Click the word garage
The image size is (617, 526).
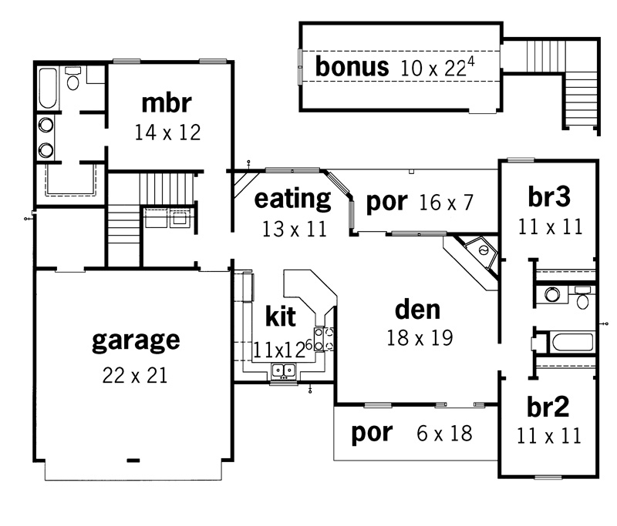[136, 342]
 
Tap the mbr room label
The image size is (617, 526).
[167, 103]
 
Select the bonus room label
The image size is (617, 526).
[352, 66]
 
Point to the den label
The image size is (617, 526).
[417, 310]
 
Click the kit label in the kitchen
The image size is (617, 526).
[281, 316]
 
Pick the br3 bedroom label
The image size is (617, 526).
[549, 196]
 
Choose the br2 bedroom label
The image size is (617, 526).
[548, 407]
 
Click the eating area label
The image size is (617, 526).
[293, 199]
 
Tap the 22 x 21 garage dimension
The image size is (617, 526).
[135, 375]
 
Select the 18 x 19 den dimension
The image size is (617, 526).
[420, 337]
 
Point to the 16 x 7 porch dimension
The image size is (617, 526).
[446, 203]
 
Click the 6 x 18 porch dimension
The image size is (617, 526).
[444, 434]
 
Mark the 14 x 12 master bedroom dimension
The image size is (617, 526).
[167, 132]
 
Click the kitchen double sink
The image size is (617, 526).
[283, 370]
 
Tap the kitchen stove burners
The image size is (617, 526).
[324, 339]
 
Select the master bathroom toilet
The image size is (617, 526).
[72, 79]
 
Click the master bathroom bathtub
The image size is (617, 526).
[48, 88]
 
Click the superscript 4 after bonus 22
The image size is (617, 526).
[470, 62]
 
